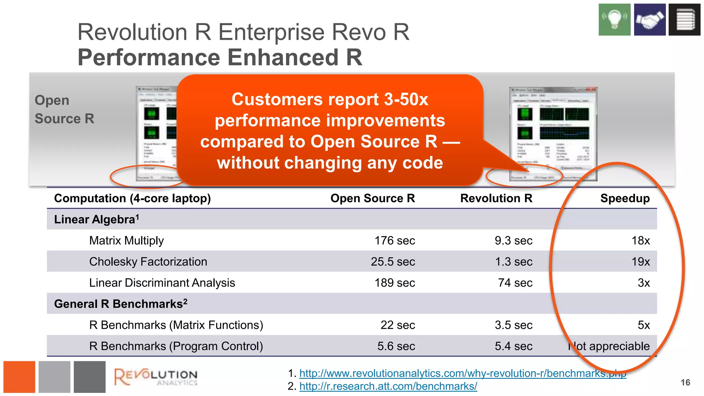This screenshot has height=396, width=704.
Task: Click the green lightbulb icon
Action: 614,20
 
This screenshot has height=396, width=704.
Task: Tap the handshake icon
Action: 650,20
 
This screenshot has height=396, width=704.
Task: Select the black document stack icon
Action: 684,20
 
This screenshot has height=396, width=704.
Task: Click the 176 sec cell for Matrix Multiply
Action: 395,241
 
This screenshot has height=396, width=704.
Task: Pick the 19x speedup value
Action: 640,262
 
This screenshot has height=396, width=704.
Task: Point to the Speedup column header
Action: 625,198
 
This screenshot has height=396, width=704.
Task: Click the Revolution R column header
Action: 496,198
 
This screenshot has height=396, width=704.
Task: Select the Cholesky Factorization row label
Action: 148,262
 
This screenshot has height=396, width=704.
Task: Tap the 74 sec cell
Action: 515,283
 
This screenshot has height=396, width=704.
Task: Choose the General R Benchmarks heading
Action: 121,304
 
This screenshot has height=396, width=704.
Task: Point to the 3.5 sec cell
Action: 514,325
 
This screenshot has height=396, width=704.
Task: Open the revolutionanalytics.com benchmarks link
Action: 463,373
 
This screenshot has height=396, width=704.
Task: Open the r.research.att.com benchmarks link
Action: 388,386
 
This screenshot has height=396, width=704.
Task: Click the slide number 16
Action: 685,383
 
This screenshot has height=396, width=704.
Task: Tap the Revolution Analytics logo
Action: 156,377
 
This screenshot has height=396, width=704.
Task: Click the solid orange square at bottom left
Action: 19,377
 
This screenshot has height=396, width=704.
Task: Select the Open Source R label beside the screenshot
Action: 64,109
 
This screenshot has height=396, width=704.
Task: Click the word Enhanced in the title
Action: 283,57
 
